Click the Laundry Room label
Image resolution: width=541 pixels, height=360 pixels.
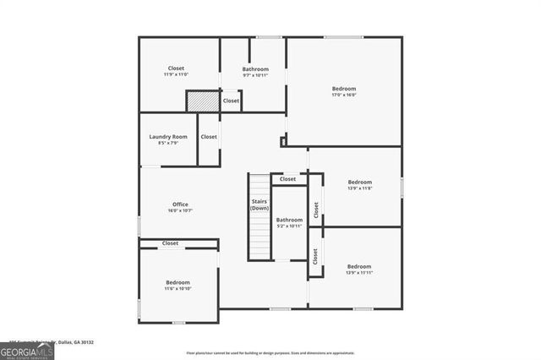pyautogui.click(x=167, y=136)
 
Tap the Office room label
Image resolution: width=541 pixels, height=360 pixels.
pyautogui.click(x=180, y=204)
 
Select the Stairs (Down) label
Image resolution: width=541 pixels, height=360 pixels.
pyautogui.click(x=260, y=205)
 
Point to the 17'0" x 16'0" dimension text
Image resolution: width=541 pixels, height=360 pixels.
pyautogui.click(x=343, y=95)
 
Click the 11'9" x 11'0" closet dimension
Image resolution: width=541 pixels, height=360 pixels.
pyautogui.click(x=176, y=74)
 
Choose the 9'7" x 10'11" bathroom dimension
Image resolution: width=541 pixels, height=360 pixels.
pyautogui.click(x=255, y=75)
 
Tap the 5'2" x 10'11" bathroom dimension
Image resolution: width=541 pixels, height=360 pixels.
pyautogui.click(x=289, y=226)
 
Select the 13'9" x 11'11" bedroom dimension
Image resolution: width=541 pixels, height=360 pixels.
pyautogui.click(x=359, y=272)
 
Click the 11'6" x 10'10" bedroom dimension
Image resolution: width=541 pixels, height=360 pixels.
pyautogui.click(x=178, y=288)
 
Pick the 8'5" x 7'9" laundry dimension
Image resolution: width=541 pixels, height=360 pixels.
pyautogui.click(x=167, y=143)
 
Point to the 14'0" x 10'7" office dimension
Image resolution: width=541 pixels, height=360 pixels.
pyautogui.click(x=180, y=210)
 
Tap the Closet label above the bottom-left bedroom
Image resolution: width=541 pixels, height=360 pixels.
pyautogui.click(x=171, y=243)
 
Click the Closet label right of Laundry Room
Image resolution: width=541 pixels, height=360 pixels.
pyautogui.click(x=209, y=136)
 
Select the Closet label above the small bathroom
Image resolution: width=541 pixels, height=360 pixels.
pyautogui.click(x=288, y=179)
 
